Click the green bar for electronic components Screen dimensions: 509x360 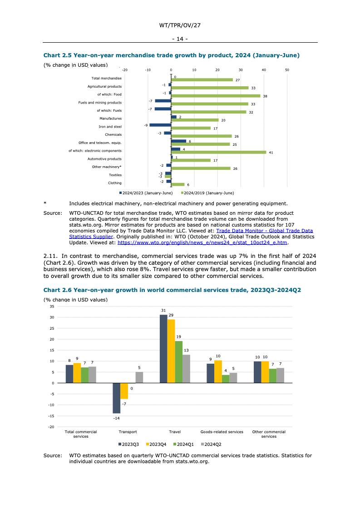pos(218,153)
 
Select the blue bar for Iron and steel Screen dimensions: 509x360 pos(160,125)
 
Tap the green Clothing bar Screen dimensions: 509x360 pos(178,184)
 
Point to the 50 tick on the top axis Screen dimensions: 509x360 pos(287,70)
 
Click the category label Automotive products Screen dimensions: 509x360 pos(104,159)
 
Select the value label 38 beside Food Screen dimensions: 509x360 pos(265,96)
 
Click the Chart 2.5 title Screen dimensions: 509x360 pos(171,55)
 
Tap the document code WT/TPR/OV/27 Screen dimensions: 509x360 pos(180,26)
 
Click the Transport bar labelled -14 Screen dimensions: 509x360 pos(117,398)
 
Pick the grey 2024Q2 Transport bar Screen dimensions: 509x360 pos(139,377)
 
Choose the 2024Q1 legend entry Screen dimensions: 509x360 pos(183,445)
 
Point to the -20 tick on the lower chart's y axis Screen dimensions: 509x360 pos(52,427)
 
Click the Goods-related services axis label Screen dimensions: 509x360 pos(222,432)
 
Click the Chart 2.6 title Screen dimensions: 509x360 pos(172,290)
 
